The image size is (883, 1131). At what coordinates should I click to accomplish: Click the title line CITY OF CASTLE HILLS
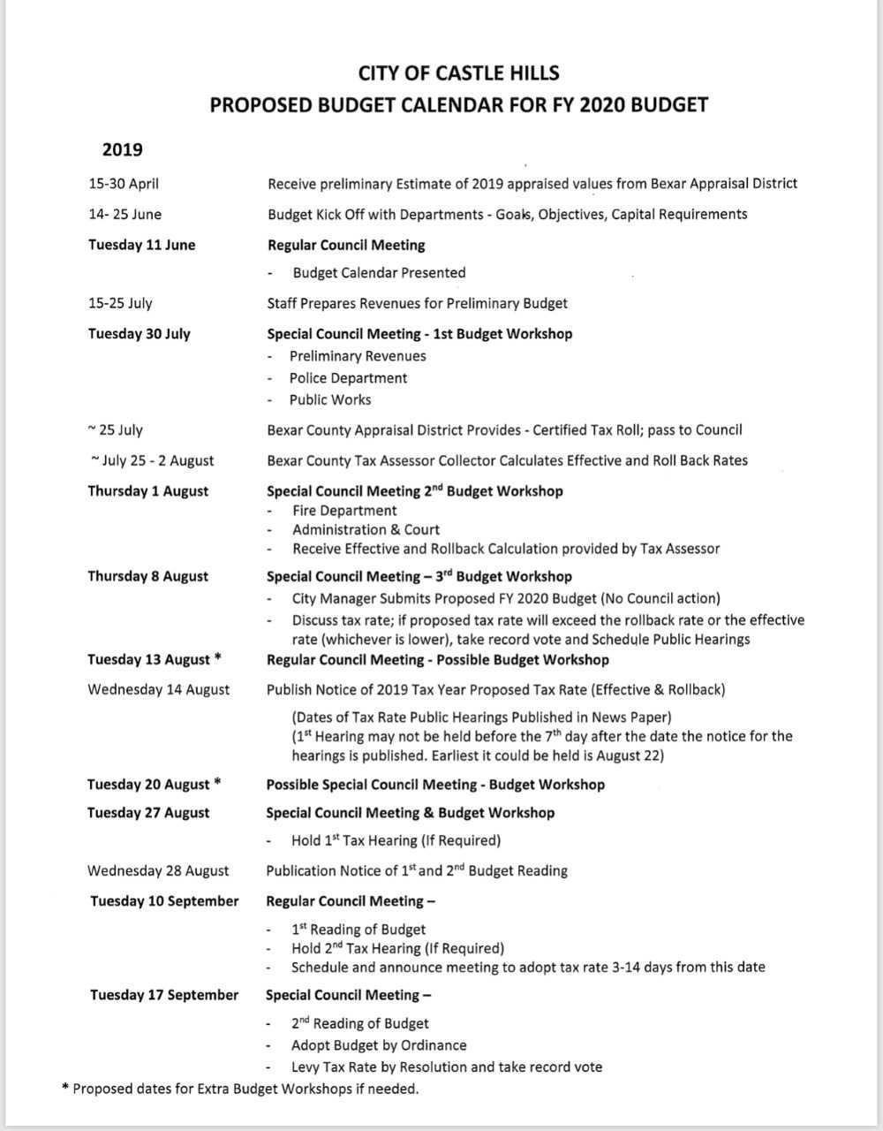pyautogui.click(x=458, y=72)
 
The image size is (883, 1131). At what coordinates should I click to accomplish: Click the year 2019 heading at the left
pyautogui.click(x=122, y=149)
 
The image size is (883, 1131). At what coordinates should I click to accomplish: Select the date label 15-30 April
pyautogui.click(x=124, y=184)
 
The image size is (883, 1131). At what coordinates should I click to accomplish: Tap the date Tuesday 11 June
pyautogui.click(x=141, y=245)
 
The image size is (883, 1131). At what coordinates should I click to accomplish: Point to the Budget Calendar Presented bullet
pyautogui.click(x=379, y=273)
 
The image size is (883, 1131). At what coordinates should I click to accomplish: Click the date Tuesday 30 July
pyautogui.click(x=139, y=334)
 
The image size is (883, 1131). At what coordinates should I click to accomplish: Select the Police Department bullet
pyautogui.click(x=348, y=378)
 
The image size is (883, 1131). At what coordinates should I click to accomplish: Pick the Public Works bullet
pyautogui.click(x=330, y=399)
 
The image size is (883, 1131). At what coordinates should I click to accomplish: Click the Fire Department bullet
pyautogui.click(x=344, y=511)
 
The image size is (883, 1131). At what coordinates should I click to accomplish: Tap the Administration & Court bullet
pyautogui.click(x=366, y=529)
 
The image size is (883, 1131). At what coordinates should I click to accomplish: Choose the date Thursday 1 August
pyautogui.click(x=147, y=491)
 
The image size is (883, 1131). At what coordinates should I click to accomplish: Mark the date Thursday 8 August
pyautogui.click(x=147, y=576)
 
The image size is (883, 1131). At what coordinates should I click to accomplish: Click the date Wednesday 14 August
pyautogui.click(x=158, y=689)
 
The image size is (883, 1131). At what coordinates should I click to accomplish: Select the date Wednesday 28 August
pyautogui.click(x=158, y=870)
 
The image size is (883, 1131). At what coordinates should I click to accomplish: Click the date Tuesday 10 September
pyautogui.click(x=164, y=901)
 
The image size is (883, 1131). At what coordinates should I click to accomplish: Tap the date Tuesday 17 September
pyautogui.click(x=164, y=995)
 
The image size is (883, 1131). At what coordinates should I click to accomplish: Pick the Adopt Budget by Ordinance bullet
pyautogui.click(x=379, y=1045)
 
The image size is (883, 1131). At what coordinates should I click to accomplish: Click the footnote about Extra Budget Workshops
pyautogui.click(x=240, y=1089)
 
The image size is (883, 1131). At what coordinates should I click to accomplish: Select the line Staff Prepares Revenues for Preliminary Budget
pyautogui.click(x=417, y=303)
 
